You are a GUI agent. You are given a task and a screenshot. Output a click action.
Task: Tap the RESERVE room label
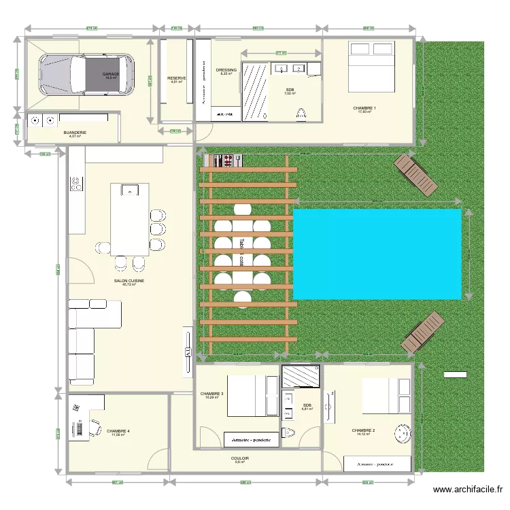pos(176,78)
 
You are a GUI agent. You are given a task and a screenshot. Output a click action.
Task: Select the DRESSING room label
pos(226,70)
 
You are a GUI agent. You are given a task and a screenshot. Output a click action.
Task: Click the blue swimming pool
pos(377,254)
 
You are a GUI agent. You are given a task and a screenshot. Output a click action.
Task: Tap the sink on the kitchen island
pos(129,190)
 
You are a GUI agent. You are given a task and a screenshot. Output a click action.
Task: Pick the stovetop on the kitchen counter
pos(75,184)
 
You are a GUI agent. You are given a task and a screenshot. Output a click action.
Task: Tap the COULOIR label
pos(239,458)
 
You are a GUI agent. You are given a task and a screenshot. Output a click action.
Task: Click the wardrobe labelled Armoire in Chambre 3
pos(251,440)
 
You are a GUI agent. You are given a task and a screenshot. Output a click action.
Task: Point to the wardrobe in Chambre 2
pos(377,464)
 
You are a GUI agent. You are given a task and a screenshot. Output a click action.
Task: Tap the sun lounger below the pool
pos(422,332)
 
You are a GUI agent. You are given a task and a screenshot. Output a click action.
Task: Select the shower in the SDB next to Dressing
pos(256,92)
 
